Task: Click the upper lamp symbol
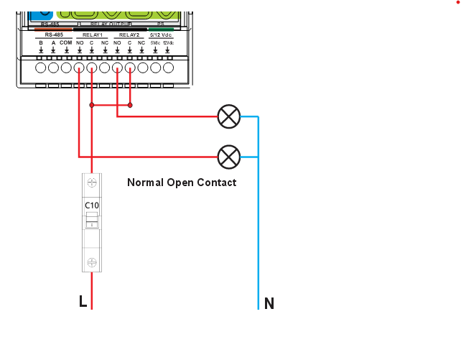pos(228,116)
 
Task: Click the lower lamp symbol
pos(228,156)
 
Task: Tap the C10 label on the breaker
pos(91,206)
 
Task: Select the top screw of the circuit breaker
pos(91,183)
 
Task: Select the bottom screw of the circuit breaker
pos(91,262)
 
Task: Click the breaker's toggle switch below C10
pos(91,224)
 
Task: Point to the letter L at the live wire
pos(83,302)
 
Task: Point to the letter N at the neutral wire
pos(269,303)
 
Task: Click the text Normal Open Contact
pos(182,183)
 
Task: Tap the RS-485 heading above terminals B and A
pos(53,34)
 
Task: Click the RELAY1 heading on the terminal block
pos(93,34)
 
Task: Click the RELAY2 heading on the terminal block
pos(129,34)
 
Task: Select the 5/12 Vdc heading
pos(161,34)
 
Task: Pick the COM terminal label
pos(66,43)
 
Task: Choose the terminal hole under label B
pos(41,68)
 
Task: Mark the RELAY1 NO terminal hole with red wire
pos(79,68)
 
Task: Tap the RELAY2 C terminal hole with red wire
pos(130,68)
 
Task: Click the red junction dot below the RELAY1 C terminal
pos(91,105)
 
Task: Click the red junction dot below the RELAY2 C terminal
pos(130,105)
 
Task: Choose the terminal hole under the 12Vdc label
pos(168,68)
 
